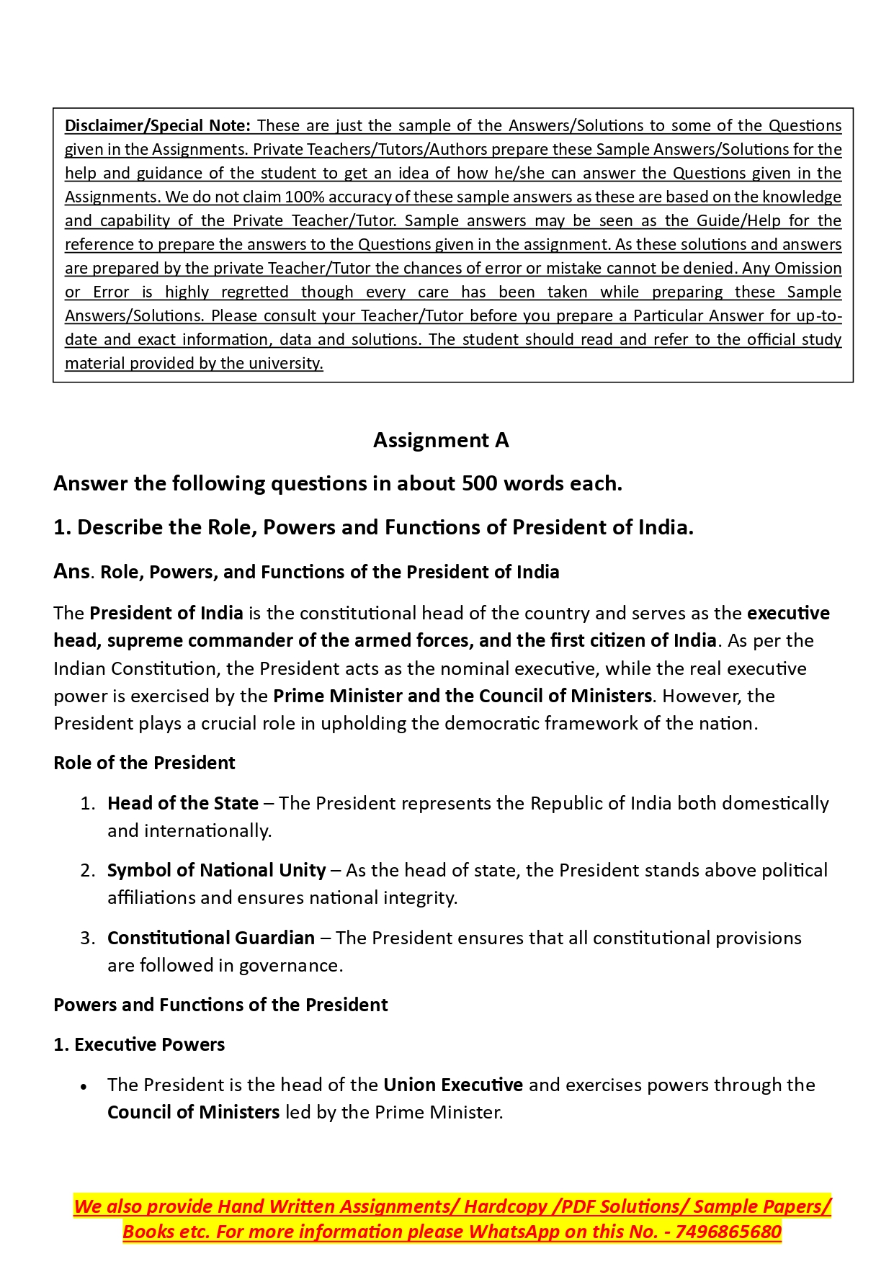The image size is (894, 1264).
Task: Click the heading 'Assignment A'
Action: click(x=441, y=440)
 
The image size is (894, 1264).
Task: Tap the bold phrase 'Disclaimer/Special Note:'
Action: click(x=158, y=125)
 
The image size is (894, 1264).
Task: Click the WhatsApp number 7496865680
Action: click(x=728, y=1232)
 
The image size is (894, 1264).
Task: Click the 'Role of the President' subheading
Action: click(x=144, y=763)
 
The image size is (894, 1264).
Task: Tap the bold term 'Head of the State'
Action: click(x=183, y=803)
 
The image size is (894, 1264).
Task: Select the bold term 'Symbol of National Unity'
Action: click(x=216, y=870)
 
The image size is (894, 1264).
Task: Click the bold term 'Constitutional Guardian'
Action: click(x=211, y=938)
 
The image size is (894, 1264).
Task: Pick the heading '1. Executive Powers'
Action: click(x=139, y=1044)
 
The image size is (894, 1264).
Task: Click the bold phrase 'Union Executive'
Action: click(x=453, y=1085)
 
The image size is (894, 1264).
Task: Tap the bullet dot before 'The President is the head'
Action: click(x=84, y=1086)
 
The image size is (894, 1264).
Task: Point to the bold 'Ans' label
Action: click(x=71, y=571)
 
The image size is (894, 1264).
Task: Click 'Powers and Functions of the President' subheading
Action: click(x=220, y=1005)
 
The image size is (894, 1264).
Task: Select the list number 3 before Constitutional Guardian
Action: click(x=87, y=938)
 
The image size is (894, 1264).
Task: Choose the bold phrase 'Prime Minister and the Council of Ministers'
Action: click(x=462, y=696)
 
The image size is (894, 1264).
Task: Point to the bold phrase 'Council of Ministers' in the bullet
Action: click(x=193, y=1112)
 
